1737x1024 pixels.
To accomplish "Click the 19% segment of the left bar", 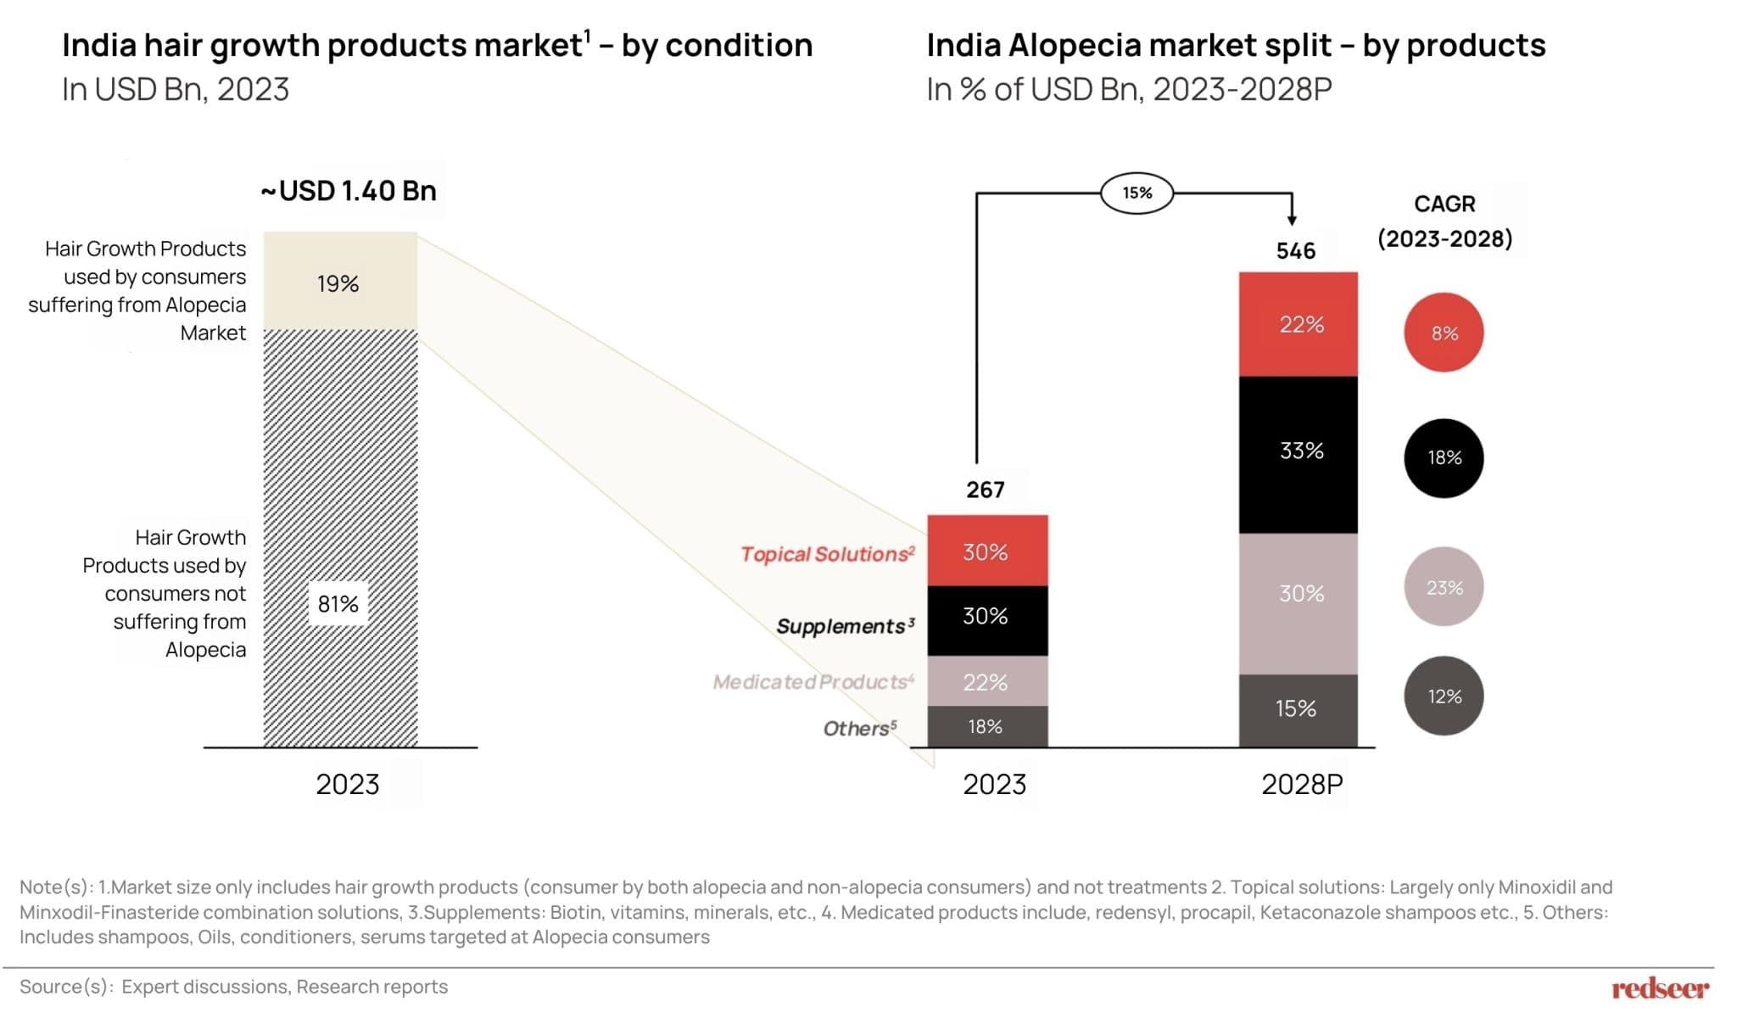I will pos(339,283).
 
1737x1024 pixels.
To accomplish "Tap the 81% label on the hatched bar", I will pos(338,604).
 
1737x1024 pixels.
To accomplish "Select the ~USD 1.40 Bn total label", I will pos(349,191).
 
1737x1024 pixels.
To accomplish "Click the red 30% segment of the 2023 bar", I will pos(986,551).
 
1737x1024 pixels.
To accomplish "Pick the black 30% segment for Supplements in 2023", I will pos(986,617).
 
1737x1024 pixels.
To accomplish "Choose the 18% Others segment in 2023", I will pos(986,727).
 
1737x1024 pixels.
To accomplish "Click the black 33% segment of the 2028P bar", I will pos(1299,451).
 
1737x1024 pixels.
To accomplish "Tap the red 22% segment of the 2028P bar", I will pos(1299,324).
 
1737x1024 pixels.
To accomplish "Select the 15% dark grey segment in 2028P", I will pos(1298,709).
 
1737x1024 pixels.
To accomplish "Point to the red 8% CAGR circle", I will pos(1444,333).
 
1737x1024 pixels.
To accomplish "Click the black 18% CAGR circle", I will pos(1444,458).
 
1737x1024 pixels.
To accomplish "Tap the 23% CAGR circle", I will pos(1444,587).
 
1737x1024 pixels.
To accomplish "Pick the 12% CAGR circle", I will pos(1444,697).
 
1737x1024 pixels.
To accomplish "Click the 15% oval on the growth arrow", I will pos(1137,193).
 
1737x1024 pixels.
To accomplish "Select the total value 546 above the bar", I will pos(1295,251).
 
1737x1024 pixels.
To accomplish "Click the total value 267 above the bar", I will pos(985,490).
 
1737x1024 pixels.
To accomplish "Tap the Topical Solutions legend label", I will pos(827,554).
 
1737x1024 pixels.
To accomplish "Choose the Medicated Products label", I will pos(813,682).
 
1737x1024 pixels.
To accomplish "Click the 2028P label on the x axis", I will pos(1302,785).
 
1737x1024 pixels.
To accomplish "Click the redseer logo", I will pos(1660,989).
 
